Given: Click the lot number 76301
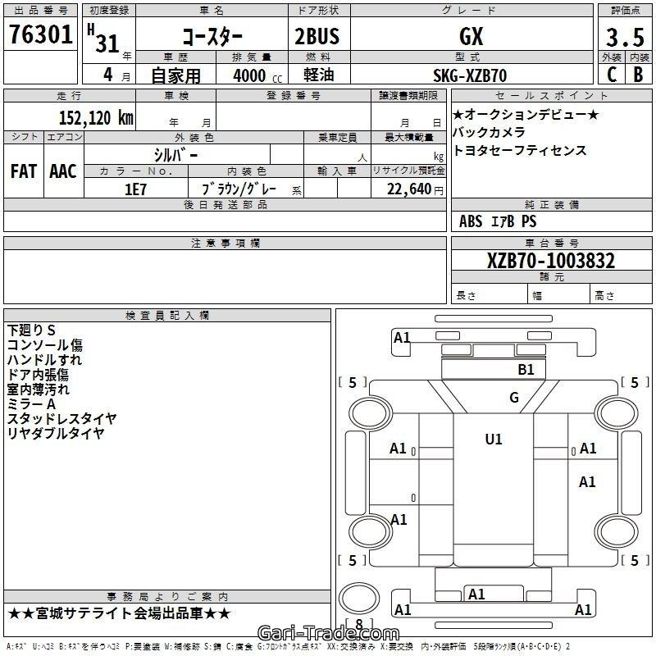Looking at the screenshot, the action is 40,34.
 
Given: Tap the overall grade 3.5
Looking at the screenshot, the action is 625,37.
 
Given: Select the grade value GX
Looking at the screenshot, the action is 471,36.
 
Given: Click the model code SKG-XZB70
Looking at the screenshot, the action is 470,75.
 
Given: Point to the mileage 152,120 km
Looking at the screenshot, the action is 96,117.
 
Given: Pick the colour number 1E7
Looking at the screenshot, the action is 135,189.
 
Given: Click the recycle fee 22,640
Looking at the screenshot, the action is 408,189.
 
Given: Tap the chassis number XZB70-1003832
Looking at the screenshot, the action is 551,261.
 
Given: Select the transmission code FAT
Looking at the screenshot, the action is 24,171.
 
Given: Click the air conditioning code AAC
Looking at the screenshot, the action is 63,171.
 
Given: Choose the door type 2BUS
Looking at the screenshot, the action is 317,36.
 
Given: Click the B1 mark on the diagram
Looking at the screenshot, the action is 526,370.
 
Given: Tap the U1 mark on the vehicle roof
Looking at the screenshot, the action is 494,440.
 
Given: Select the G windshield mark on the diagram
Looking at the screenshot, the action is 514,398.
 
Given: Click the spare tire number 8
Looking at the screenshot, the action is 359,624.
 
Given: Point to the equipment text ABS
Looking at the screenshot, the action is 471,221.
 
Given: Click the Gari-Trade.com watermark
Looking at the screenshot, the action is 328,633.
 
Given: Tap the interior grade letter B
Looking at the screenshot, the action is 638,75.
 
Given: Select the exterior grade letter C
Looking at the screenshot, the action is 612,75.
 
